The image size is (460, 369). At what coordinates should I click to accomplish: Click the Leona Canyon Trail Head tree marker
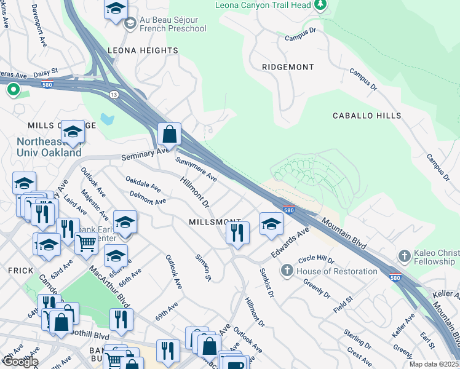[x=320, y=6]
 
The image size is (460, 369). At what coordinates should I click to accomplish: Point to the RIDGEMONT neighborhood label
[x=288, y=66]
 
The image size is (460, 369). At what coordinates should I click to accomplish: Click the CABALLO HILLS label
[x=367, y=116]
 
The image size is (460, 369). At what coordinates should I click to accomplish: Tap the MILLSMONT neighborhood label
[x=215, y=221]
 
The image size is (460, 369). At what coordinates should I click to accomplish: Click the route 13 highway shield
[x=114, y=94]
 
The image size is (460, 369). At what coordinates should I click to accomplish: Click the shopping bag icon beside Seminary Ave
[x=169, y=133]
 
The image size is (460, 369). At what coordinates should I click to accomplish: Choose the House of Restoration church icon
[x=287, y=271]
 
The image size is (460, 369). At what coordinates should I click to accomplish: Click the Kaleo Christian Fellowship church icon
[x=404, y=255]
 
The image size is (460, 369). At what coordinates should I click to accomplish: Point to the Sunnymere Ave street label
[x=196, y=169]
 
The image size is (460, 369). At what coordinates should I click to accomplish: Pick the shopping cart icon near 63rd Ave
[x=86, y=243]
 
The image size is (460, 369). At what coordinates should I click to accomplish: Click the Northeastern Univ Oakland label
[x=49, y=147]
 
